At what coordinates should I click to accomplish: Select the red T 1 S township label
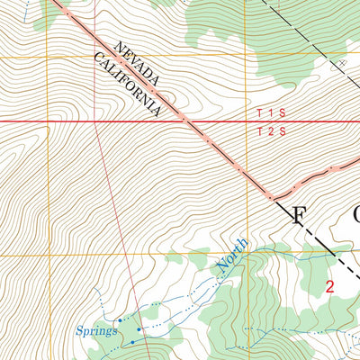[270, 113]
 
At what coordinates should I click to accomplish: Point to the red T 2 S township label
[270, 131]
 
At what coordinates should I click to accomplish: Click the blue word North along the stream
[230, 257]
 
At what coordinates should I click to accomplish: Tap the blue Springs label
[96, 330]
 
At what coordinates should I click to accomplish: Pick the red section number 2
[330, 287]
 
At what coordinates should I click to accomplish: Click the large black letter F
[298, 214]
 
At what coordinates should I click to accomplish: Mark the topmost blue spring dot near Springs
[120, 319]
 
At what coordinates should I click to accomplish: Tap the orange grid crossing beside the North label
[246, 255]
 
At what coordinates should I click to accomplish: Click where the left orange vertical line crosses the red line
[49, 121]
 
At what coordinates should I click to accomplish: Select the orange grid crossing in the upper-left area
[49, 58]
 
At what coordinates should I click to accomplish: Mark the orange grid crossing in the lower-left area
[49, 255]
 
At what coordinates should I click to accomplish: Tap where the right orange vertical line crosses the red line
[246, 121]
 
